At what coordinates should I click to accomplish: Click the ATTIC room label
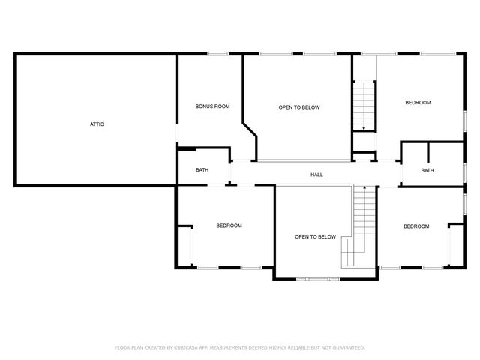click(97, 124)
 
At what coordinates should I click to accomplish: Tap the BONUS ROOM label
click(212, 106)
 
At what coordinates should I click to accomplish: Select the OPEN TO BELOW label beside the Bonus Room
click(299, 107)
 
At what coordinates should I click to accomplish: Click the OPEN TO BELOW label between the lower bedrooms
click(315, 236)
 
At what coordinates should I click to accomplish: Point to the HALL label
click(317, 175)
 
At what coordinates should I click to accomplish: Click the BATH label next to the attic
click(202, 170)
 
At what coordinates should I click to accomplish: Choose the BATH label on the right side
click(427, 170)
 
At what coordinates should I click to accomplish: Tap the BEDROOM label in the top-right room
click(418, 102)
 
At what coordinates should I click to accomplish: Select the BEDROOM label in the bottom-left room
click(229, 226)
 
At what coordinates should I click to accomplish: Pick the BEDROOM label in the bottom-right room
click(416, 226)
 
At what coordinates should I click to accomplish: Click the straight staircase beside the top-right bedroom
click(364, 105)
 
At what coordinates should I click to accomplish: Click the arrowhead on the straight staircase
click(364, 129)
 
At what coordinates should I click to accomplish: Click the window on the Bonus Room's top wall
click(218, 53)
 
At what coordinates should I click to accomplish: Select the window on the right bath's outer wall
click(464, 172)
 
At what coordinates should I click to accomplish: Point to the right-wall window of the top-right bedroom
click(464, 121)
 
